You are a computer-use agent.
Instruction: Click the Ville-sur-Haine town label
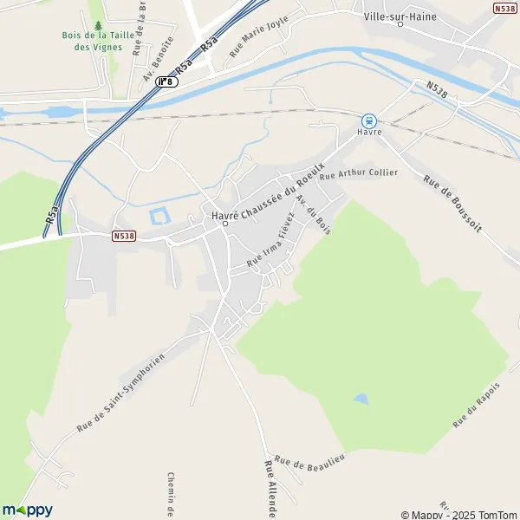pyautogui.click(x=400, y=16)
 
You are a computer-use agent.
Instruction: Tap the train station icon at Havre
pyautogui.click(x=368, y=120)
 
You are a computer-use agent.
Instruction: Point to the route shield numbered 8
pyautogui.click(x=166, y=81)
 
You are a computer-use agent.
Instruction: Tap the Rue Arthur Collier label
pyautogui.click(x=358, y=173)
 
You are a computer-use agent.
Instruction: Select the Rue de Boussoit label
pyautogui.click(x=452, y=203)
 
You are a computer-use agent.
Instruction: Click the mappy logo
pyautogui.click(x=27, y=510)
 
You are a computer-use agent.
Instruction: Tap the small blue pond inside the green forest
pyautogui.click(x=360, y=399)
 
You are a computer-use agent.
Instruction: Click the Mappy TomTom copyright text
pyautogui.click(x=459, y=514)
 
